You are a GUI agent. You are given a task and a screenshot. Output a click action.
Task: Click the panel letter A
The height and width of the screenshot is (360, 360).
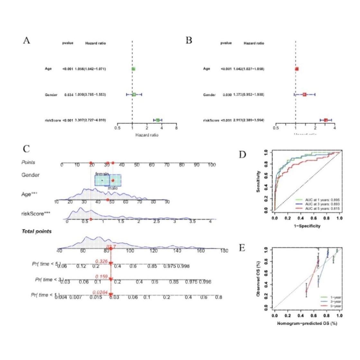click(27, 41)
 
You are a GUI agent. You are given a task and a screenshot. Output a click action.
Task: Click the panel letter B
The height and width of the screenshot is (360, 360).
click(189, 41)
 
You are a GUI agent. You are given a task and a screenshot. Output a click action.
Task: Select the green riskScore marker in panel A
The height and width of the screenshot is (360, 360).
click(158, 120)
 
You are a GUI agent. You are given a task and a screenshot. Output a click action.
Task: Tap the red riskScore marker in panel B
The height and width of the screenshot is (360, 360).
click(326, 120)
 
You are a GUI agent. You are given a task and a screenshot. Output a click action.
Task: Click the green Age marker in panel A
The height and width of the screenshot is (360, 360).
click(133, 69)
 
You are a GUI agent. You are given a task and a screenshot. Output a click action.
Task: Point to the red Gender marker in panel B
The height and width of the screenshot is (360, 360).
click(304, 95)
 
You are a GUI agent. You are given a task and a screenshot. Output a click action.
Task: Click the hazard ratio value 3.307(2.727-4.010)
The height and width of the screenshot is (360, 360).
click(90, 120)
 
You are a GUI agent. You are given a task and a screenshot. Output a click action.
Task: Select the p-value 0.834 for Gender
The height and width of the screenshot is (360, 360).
click(69, 95)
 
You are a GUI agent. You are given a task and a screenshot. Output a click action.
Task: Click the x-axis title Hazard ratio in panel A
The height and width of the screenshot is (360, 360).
click(147, 135)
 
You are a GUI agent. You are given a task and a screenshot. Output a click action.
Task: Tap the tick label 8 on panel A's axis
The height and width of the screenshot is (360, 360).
click(176, 128)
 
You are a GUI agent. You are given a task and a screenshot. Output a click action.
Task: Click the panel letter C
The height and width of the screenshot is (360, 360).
click(26, 149)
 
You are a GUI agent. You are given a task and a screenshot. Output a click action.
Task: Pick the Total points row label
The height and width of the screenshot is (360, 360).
click(36, 231)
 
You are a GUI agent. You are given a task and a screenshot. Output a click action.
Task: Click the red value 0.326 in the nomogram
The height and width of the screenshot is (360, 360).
click(101, 261)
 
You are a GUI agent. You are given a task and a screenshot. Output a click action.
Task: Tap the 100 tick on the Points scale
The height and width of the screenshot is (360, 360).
click(211, 165)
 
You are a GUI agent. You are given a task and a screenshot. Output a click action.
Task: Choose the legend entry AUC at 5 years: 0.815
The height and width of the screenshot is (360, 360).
click(318, 208)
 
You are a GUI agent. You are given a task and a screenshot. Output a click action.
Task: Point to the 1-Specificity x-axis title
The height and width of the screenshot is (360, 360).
click(307, 226)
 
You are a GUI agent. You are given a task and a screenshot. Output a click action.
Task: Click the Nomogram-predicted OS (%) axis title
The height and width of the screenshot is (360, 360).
click(307, 323)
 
